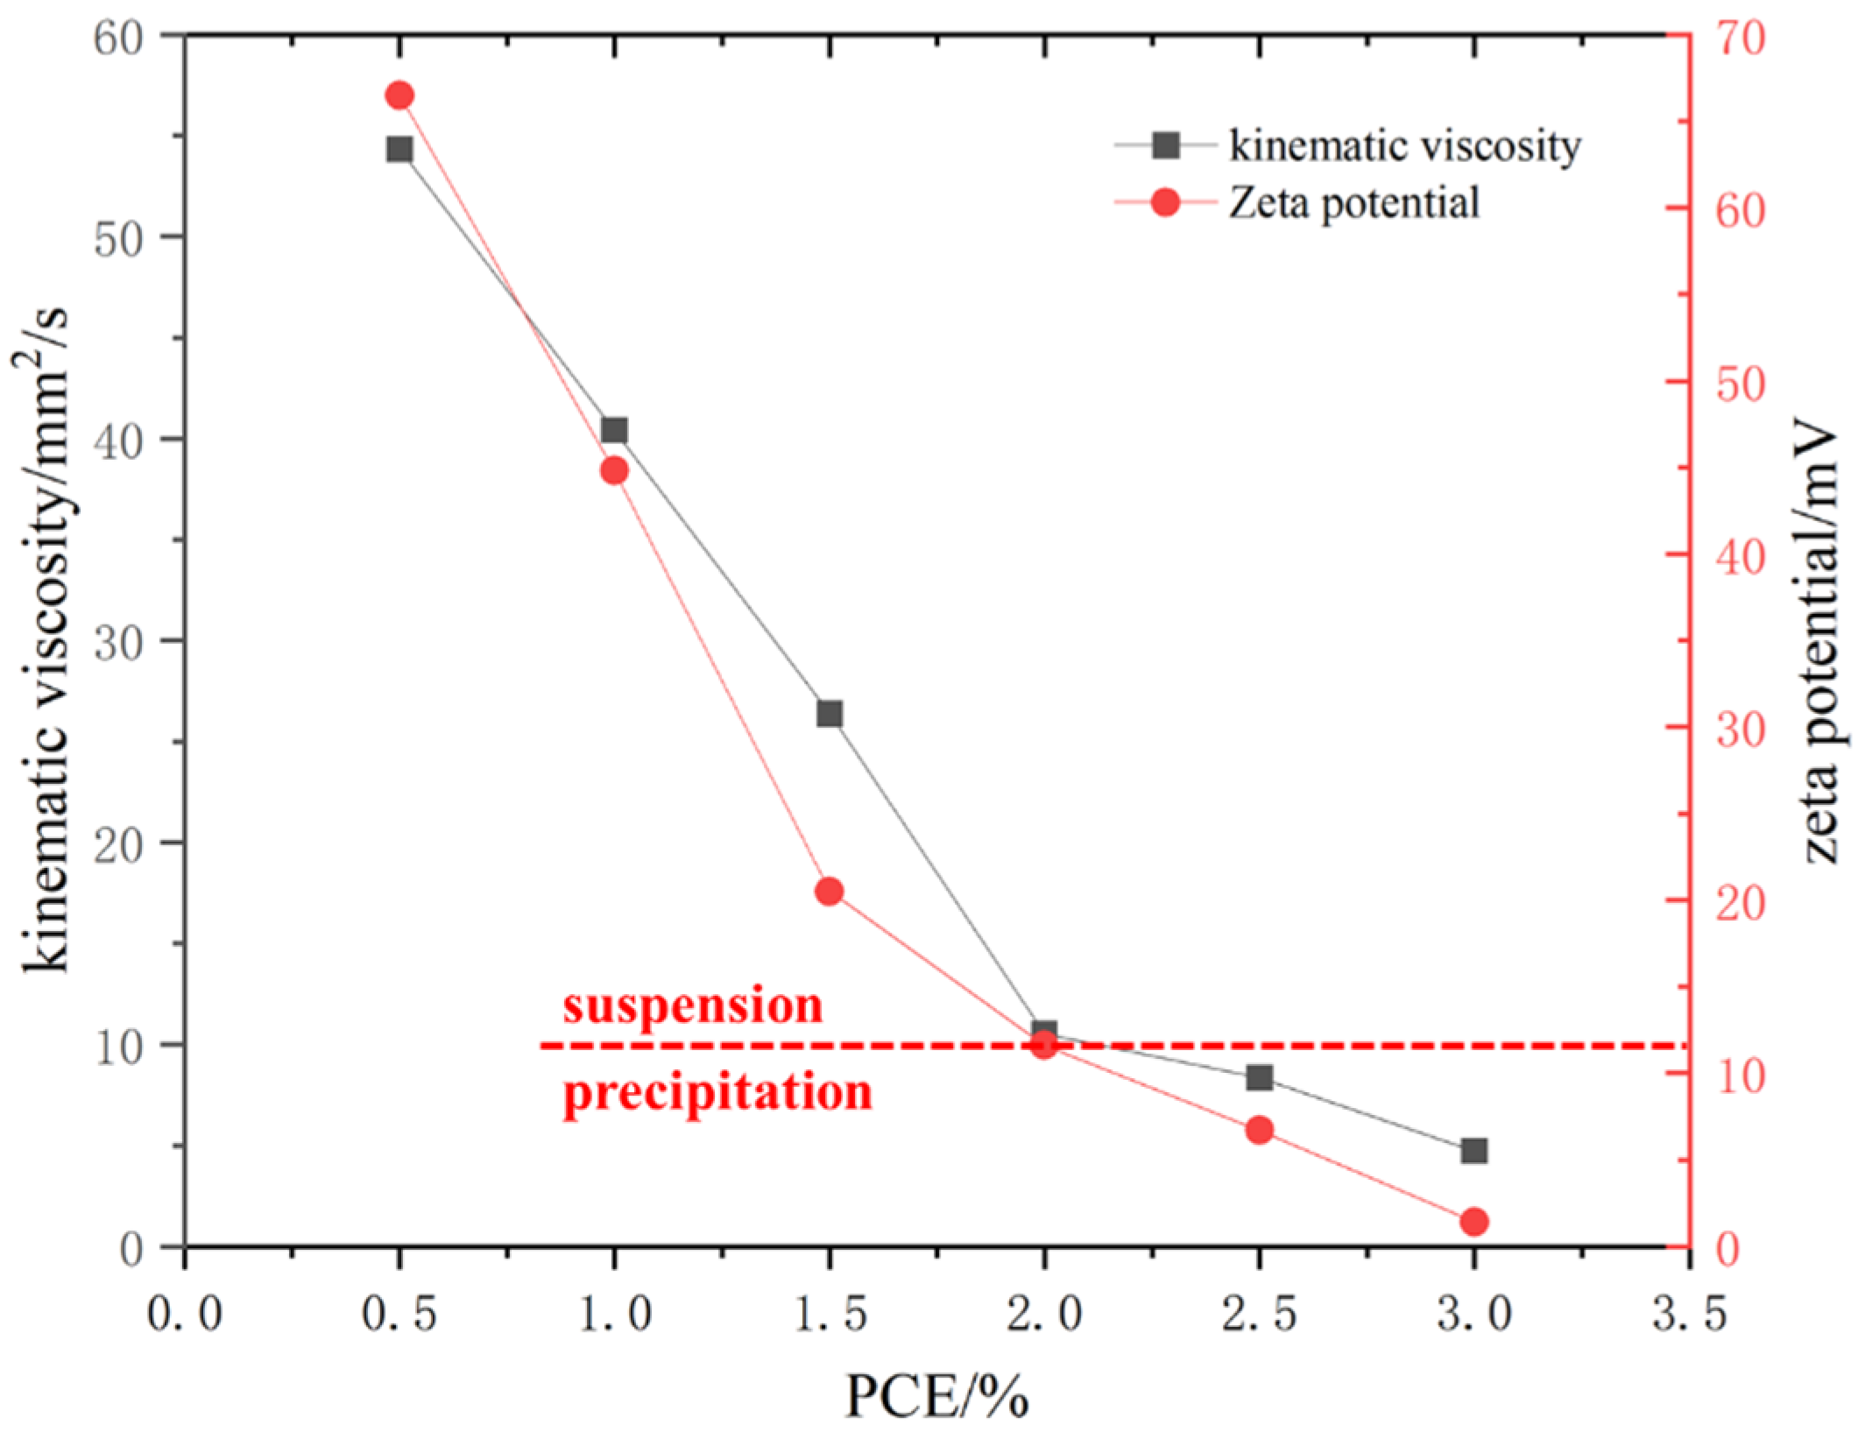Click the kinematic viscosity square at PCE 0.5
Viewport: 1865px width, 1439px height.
[399, 149]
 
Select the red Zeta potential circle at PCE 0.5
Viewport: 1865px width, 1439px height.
[399, 95]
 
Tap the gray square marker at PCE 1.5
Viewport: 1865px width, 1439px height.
[829, 714]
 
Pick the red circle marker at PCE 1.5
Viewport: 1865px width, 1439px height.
[829, 892]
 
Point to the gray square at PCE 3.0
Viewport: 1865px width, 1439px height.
[1474, 1151]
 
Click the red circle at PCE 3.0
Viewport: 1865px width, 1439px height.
[1474, 1222]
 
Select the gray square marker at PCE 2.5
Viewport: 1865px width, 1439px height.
[1259, 1077]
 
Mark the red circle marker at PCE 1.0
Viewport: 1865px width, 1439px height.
[614, 471]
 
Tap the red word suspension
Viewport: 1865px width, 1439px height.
[692, 1005]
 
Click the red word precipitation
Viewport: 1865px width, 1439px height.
[717, 1092]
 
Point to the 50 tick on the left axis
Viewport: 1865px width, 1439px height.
[119, 238]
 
